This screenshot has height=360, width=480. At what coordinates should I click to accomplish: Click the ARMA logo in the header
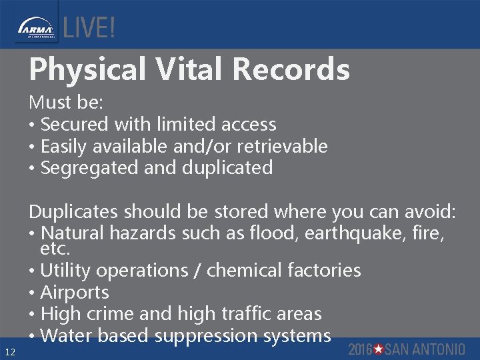click(35, 29)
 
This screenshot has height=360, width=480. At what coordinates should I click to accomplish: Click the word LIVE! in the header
click(89, 28)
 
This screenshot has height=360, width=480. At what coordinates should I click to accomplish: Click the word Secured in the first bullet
click(75, 124)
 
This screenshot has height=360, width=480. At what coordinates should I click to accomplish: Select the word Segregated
click(90, 167)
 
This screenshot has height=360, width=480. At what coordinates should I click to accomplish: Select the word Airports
click(75, 292)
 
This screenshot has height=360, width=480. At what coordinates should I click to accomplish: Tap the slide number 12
click(9, 351)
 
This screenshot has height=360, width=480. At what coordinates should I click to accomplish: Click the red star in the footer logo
click(378, 349)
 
